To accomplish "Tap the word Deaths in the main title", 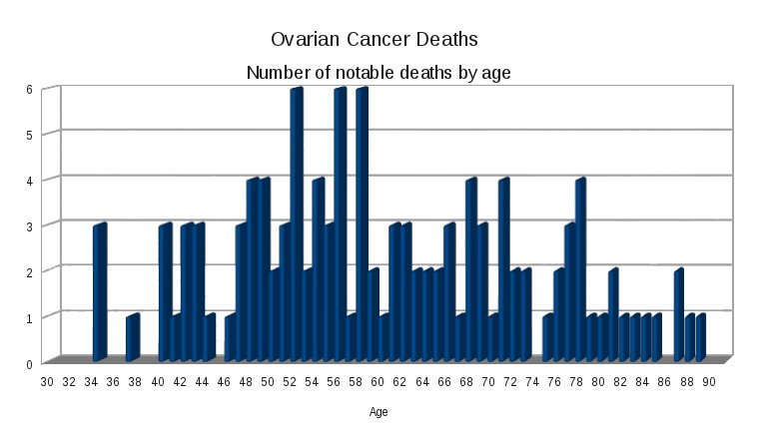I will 442,40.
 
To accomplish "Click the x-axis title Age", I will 379,411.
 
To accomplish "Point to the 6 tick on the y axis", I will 30,89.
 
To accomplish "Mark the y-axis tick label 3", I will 30,226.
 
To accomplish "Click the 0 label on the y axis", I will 30,363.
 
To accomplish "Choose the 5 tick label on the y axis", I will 30,135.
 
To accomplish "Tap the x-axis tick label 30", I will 47,381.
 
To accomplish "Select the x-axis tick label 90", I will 709,381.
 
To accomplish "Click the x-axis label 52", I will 290,381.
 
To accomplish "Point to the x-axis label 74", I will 532,381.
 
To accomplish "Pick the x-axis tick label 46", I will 224,381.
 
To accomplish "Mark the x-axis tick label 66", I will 444,381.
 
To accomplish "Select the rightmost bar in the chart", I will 700,338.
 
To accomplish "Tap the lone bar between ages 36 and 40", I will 132,338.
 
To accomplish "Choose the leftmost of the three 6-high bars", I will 296,224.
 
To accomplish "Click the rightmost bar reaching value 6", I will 362,224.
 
